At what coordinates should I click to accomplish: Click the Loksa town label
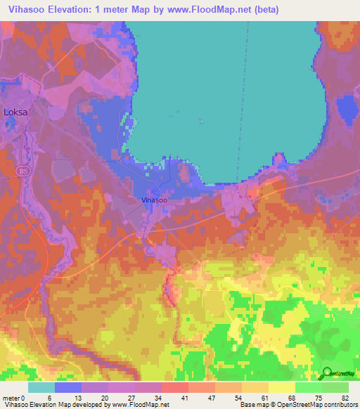click(15, 112)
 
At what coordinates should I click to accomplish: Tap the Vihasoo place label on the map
click(154, 200)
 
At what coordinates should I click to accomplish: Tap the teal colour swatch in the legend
click(41, 387)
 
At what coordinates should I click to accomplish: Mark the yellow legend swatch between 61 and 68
click(282, 387)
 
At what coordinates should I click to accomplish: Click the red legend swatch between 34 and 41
click(175, 387)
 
